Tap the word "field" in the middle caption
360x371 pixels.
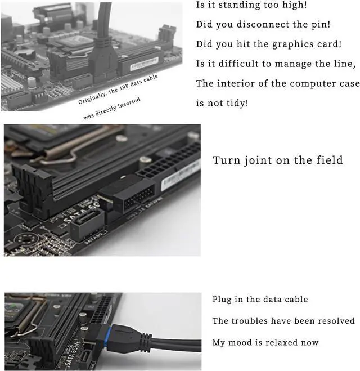[328, 160]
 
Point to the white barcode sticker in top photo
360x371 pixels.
[145, 65]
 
